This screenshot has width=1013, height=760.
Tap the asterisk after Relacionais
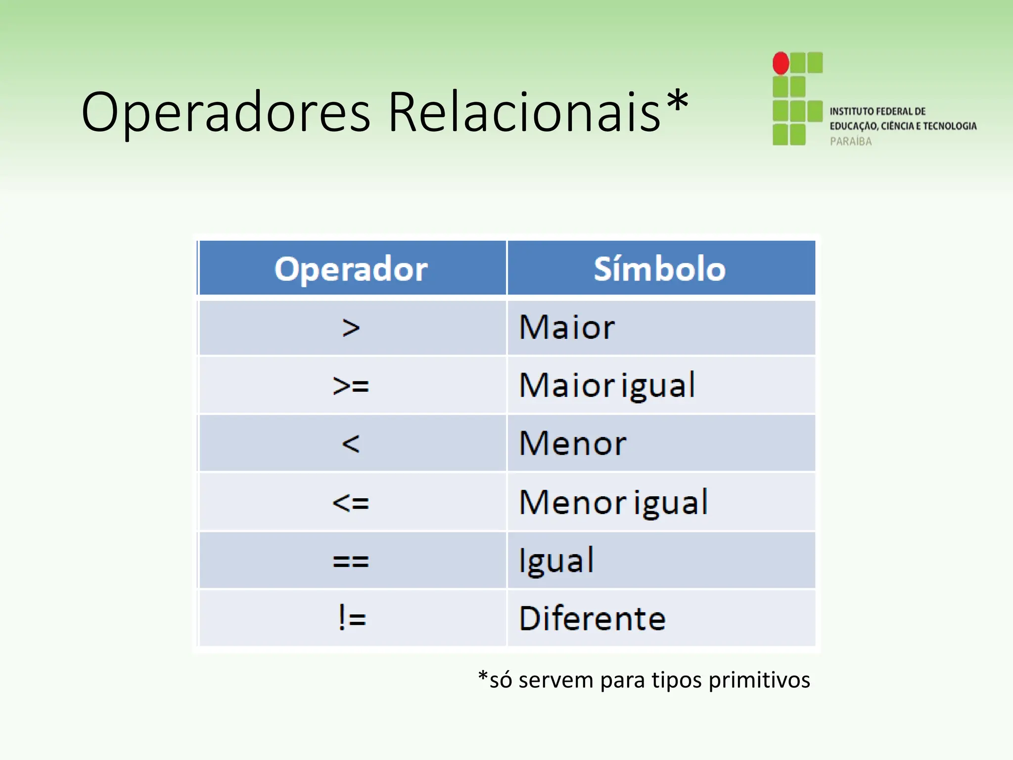[x=677, y=102]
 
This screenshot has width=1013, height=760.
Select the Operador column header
[x=351, y=269]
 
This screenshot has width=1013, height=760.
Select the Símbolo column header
[x=660, y=269]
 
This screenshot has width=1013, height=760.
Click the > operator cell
[x=351, y=328]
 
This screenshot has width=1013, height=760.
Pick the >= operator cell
[x=351, y=385]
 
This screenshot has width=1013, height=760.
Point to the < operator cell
[x=351, y=443]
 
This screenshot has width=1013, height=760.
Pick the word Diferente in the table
[x=593, y=618]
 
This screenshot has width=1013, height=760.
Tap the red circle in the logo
[x=781, y=63]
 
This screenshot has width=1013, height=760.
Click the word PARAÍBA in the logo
[x=851, y=142]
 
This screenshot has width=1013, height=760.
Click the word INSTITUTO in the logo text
[x=851, y=111]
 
